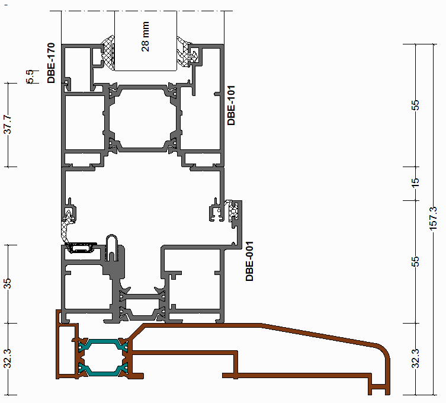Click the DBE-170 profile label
click(52, 63)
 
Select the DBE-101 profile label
click(232, 105)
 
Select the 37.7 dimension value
click(8, 125)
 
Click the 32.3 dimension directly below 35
click(8, 359)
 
